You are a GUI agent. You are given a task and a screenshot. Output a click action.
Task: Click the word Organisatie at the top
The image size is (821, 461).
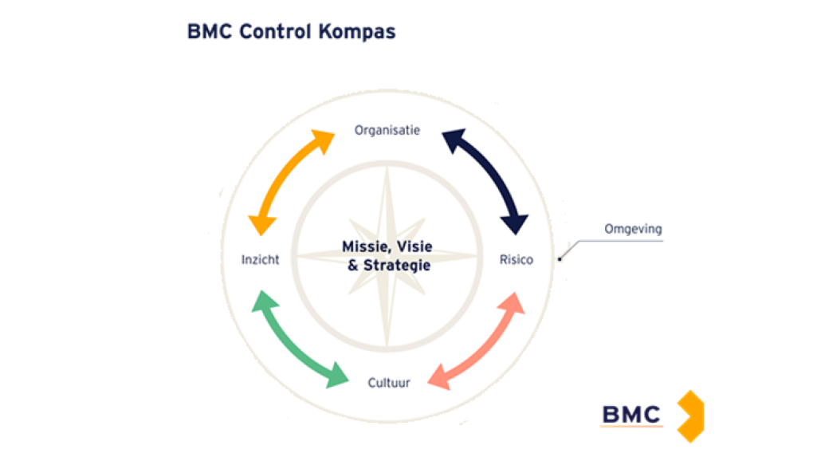pyautogui.click(x=387, y=130)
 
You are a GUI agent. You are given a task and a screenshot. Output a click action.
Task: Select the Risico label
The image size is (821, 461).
pyautogui.click(x=516, y=259)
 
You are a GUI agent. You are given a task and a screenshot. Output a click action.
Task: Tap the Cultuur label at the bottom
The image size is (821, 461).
pyautogui.click(x=389, y=383)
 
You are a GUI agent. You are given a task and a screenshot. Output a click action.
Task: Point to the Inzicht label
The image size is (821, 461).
pyautogui.click(x=260, y=260)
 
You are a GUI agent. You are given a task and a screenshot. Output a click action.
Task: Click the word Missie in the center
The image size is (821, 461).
pyautogui.click(x=365, y=246)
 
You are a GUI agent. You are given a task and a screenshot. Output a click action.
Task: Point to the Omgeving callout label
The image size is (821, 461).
pyautogui.click(x=634, y=229)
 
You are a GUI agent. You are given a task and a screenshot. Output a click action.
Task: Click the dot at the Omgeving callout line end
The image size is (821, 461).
pyautogui.click(x=560, y=257)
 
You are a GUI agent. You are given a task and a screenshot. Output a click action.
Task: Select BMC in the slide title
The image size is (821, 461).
pyautogui.click(x=210, y=32)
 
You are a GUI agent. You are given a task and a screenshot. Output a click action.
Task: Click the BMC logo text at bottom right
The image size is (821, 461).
pyautogui.click(x=630, y=415)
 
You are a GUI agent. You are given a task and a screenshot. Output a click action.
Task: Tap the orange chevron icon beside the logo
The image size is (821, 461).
pyautogui.click(x=690, y=416)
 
